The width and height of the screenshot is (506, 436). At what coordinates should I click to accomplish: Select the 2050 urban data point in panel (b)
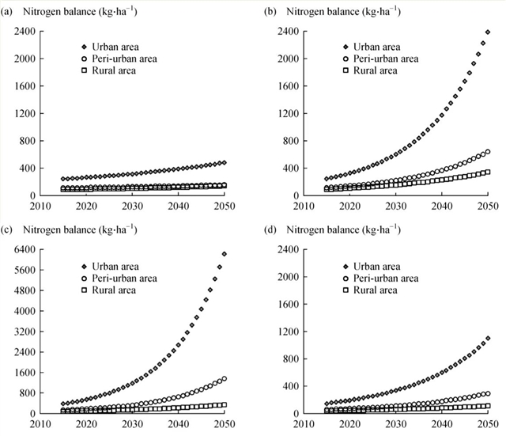click(x=488, y=32)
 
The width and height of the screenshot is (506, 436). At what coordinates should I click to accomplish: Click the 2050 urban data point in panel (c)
click(x=225, y=254)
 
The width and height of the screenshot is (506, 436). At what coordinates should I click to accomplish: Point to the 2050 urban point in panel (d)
click(x=488, y=339)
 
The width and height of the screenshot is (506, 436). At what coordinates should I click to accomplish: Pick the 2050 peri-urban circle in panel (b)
click(x=488, y=152)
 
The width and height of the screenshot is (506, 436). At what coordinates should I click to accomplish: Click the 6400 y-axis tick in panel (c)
click(x=22, y=249)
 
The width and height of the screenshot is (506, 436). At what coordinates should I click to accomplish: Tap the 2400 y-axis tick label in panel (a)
click(x=22, y=32)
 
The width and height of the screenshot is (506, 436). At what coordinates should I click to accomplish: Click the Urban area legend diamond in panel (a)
click(x=83, y=47)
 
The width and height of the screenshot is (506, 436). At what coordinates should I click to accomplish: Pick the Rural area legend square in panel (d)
click(x=344, y=290)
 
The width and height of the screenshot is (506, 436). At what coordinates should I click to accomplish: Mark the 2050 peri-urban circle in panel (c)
click(x=225, y=379)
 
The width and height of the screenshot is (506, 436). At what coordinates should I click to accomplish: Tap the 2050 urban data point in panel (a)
click(x=225, y=163)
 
